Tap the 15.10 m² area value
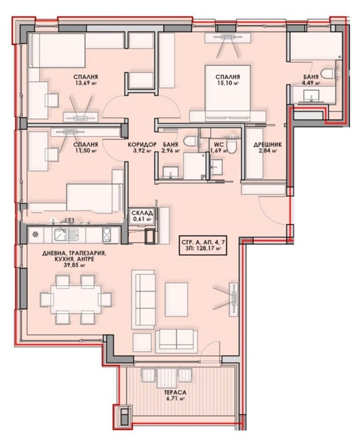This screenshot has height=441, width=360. [x=227, y=82]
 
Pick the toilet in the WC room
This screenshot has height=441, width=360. [x=232, y=143]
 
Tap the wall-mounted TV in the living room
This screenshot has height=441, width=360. [x=233, y=299]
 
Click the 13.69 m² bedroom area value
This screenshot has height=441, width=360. [x=85, y=82]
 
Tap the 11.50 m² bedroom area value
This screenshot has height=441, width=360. [x=85, y=150]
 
